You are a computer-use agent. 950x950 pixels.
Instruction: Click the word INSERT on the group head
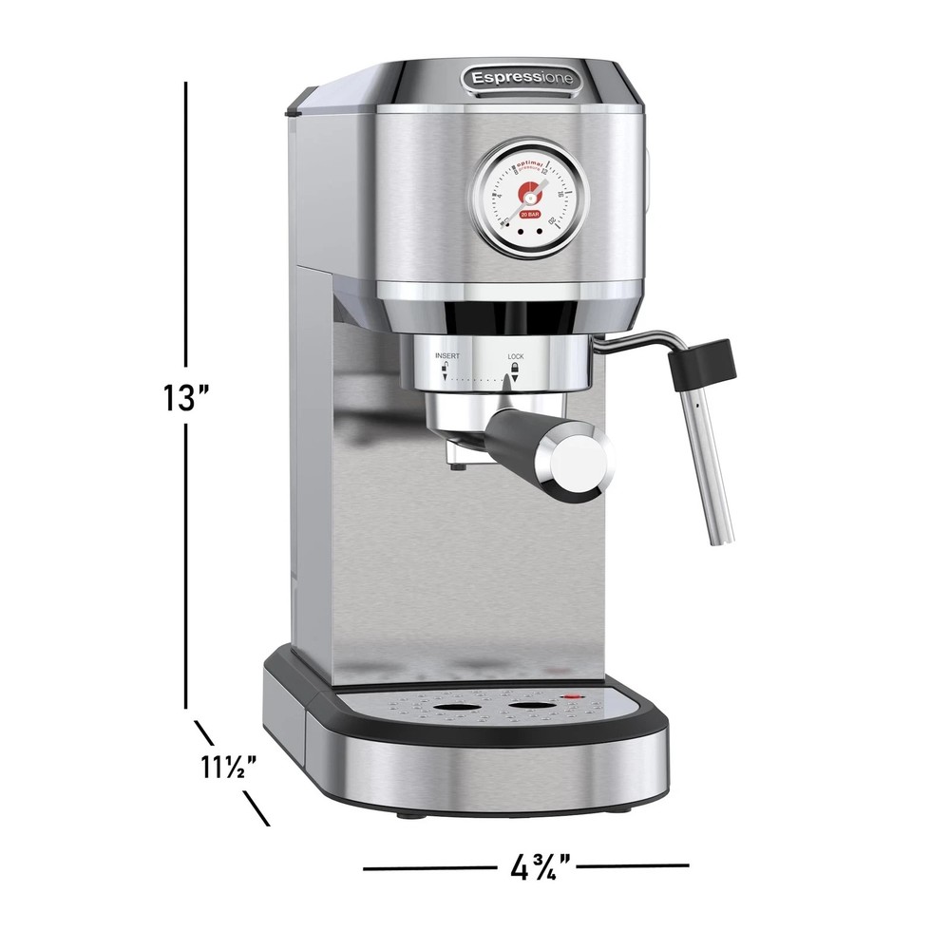[447, 355]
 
